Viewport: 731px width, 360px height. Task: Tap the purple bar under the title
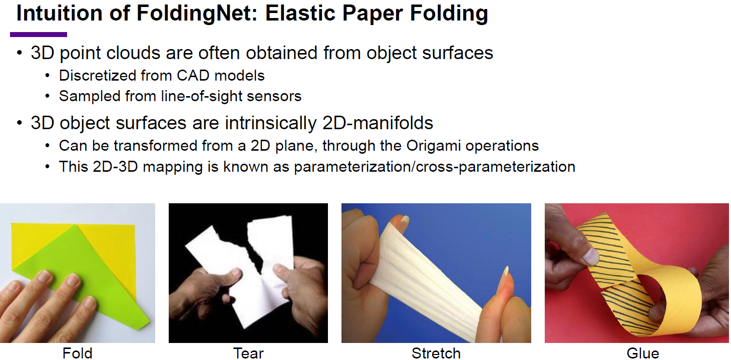tap(39, 35)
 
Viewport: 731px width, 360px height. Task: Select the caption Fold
tap(77, 353)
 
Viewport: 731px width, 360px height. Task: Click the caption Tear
tap(248, 353)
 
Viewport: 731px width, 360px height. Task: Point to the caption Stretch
tap(436, 353)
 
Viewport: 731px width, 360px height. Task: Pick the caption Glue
tap(643, 353)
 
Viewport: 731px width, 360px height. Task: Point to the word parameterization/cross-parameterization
tap(434, 166)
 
